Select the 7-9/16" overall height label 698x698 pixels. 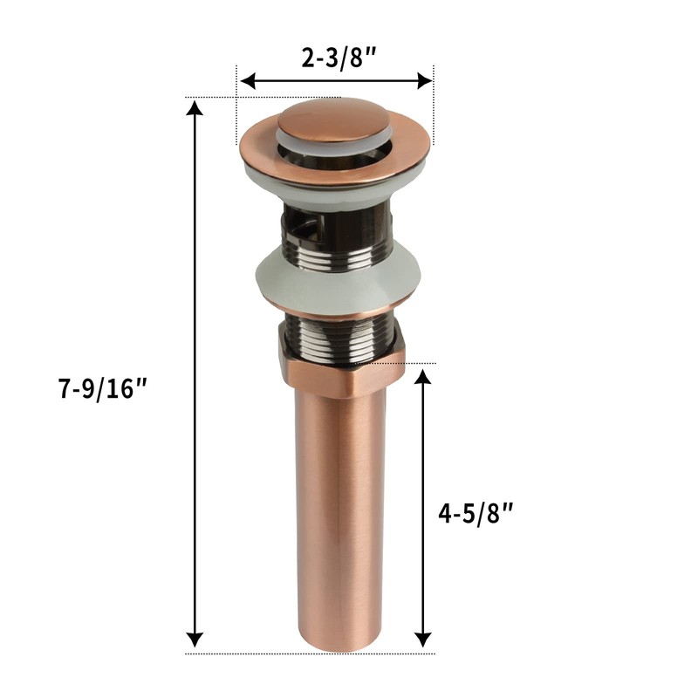coord(104,390)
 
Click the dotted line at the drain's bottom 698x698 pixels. coord(262,653)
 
